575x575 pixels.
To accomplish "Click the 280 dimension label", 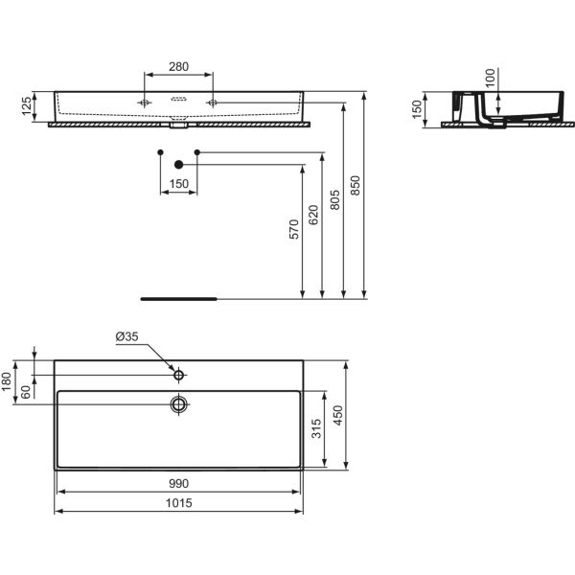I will pos(178,67).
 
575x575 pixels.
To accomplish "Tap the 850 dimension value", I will pos(356,190).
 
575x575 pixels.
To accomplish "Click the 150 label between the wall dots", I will pos(178,183).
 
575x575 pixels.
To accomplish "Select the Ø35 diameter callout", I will pos(127,336).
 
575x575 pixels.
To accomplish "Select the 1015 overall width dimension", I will pos(180,501).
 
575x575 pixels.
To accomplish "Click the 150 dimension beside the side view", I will pos(417,108).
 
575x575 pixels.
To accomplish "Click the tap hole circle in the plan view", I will pos(178,370).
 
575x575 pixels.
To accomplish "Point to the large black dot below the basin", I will pos(178,164).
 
